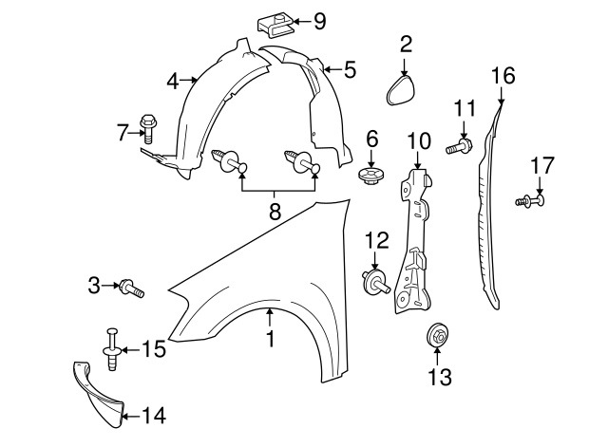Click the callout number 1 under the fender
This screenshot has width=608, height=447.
click(270, 336)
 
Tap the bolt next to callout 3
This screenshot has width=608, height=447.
click(132, 287)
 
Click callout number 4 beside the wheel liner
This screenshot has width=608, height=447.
click(172, 83)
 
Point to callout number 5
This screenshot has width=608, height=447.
click(350, 69)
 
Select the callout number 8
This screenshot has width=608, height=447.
click(275, 213)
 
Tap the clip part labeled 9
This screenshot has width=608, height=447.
click(274, 20)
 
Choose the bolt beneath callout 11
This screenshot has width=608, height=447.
click(461, 146)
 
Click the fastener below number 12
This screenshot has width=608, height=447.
click(373, 281)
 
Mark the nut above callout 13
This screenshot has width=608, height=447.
click(437, 334)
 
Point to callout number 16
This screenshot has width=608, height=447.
click(503, 75)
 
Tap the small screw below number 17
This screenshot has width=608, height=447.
click(531, 201)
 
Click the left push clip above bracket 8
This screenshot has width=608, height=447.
click(232, 164)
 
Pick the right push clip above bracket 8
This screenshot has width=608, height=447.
click(302, 164)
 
